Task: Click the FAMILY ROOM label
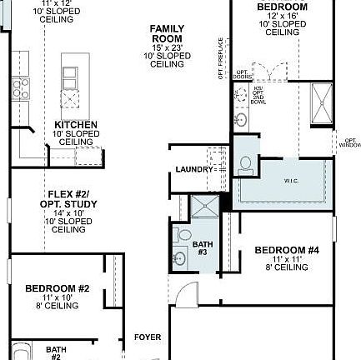(167, 34)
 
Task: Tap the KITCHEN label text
(76, 125)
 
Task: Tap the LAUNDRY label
(194, 170)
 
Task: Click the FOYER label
(147, 337)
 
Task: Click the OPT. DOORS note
(241, 74)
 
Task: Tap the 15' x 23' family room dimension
(167, 47)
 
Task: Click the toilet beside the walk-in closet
(246, 165)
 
